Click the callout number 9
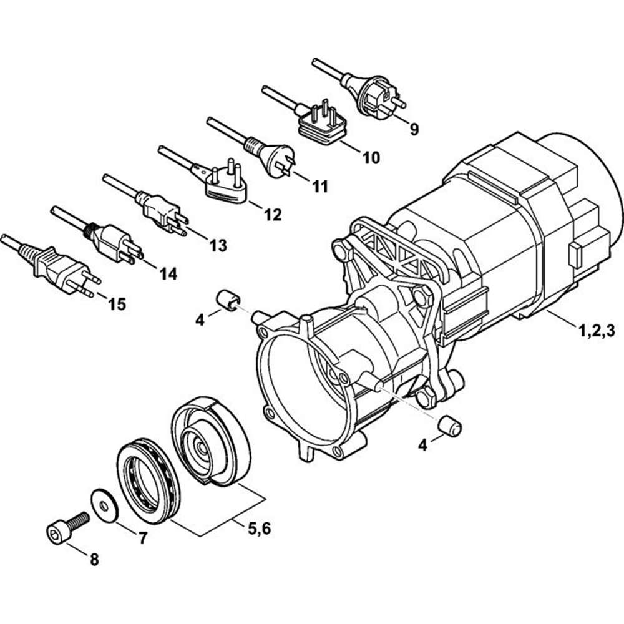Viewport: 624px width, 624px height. (414, 130)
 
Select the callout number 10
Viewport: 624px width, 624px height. (371, 158)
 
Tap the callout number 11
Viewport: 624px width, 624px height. (320, 186)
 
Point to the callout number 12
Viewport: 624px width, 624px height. (273, 215)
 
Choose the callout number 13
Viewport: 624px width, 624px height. (218, 245)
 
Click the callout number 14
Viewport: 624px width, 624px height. (168, 273)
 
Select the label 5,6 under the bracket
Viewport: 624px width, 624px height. (260, 530)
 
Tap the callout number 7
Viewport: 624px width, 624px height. (143, 538)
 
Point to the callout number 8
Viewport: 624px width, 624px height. (94, 560)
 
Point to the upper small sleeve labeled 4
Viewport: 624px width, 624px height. (228, 299)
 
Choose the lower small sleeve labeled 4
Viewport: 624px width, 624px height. (449, 426)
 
